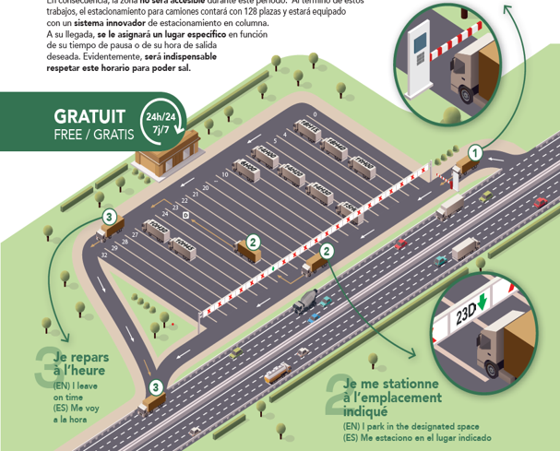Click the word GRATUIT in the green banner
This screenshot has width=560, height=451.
pyautogui.click(x=89, y=117)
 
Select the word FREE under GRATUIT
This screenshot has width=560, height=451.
pyautogui.click(x=70, y=135)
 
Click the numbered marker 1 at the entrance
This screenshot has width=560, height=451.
pyautogui.click(x=474, y=152)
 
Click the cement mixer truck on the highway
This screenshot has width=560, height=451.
pyautogui.click(x=306, y=301)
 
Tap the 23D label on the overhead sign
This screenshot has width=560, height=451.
pyautogui.click(x=467, y=314)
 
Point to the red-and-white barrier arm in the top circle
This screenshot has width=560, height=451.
pyautogui.click(x=461, y=37)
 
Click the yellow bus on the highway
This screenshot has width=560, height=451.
pyautogui.click(x=277, y=375)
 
